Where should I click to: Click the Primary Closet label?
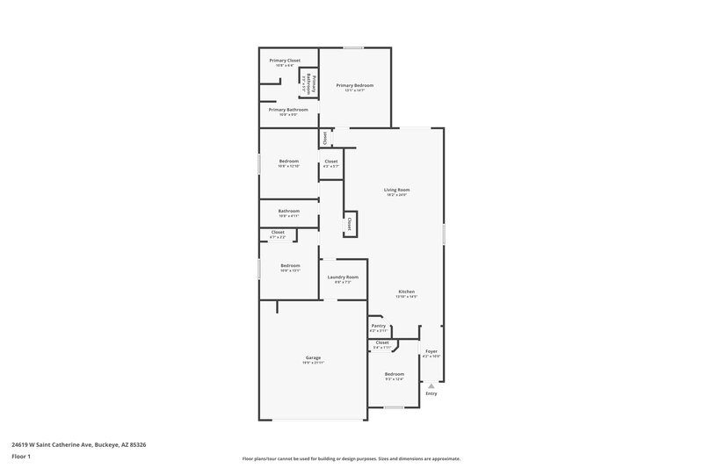click(x=285, y=61)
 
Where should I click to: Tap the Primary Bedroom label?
click(x=355, y=85)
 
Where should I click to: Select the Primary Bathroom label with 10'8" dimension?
click(x=288, y=110)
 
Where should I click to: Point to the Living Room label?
click(x=396, y=190)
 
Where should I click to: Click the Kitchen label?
click(x=406, y=292)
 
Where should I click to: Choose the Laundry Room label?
click(x=343, y=277)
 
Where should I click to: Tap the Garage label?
click(x=313, y=357)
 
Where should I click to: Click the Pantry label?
click(x=379, y=326)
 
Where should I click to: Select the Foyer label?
click(x=431, y=351)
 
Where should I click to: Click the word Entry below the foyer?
click(x=431, y=393)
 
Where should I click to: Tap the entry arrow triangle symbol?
click(x=431, y=384)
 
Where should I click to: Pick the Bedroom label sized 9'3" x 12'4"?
click(x=394, y=374)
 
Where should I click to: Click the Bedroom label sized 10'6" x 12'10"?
click(x=289, y=161)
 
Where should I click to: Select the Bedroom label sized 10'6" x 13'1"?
click(x=290, y=265)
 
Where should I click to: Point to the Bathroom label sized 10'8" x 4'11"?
click(x=289, y=211)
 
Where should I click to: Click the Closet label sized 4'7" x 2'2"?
click(x=278, y=232)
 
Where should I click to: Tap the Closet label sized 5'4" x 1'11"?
click(x=382, y=342)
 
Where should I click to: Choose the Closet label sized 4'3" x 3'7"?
click(x=331, y=162)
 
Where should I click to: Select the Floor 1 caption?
click(x=21, y=457)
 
